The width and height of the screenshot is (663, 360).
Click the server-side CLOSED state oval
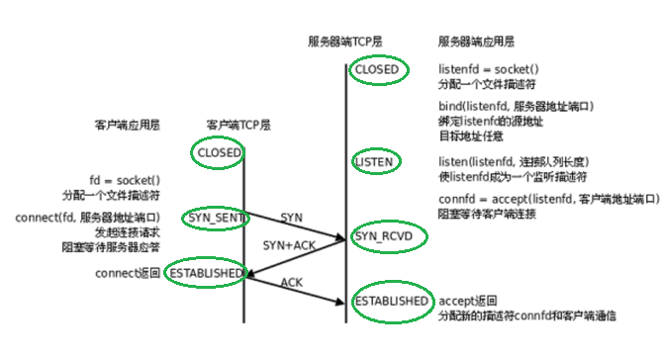click(x=376, y=70)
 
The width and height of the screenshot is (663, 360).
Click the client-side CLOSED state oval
click(x=219, y=153)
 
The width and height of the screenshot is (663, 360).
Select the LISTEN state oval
click(x=375, y=160)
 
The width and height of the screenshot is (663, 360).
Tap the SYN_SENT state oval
click(x=212, y=217)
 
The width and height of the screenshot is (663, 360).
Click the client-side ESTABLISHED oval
click(x=204, y=273)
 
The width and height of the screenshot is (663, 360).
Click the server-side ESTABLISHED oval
click(x=392, y=300)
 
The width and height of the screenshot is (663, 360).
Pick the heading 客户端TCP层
click(x=237, y=126)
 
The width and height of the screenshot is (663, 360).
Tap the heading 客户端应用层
click(x=127, y=126)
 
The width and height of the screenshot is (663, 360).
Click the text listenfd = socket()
click(x=488, y=69)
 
